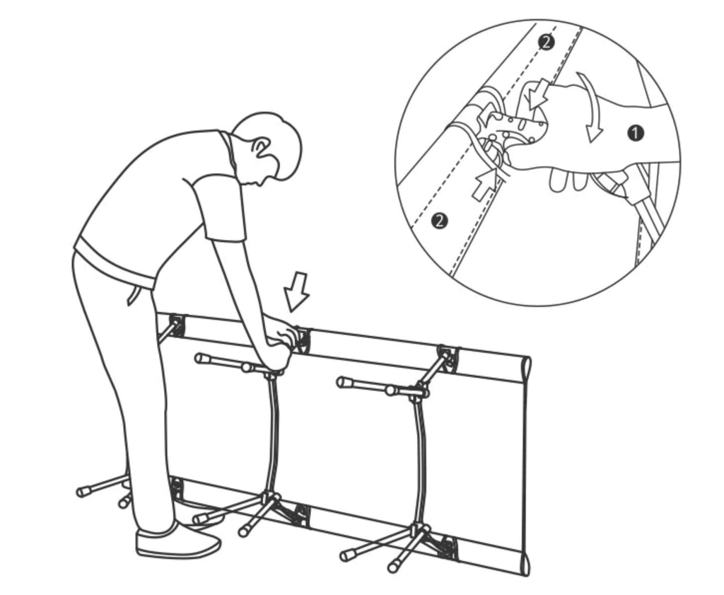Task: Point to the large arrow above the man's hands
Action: [296, 291]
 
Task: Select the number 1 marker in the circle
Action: [636, 133]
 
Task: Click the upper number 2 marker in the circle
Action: [547, 42]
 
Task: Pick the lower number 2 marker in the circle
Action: [439, 220]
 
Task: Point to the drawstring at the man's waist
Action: [133, 294]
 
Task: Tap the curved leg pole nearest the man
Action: [272, 434]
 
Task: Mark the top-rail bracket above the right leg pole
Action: [448, 359]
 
